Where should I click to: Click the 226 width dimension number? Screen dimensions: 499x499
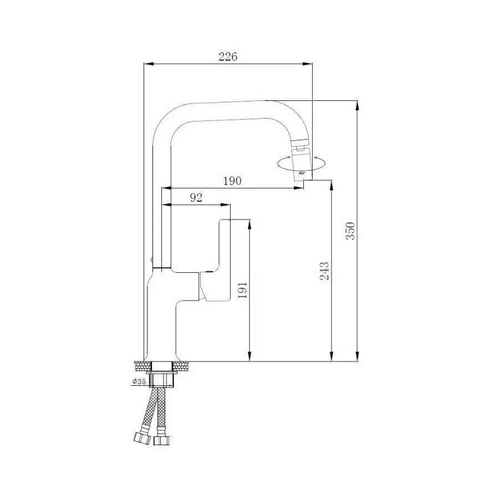(227, 57)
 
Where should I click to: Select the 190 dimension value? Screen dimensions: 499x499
(232, 181)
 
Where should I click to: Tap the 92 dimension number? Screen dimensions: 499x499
(196, 198)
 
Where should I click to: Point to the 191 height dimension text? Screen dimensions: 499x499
(242, 289)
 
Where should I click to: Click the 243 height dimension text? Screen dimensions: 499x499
(324, 271)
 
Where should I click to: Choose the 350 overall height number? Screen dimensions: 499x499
(350, 230)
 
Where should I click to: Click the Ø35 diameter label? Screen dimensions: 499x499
(139, 381)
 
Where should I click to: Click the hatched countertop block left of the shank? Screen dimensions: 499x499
(142, 365)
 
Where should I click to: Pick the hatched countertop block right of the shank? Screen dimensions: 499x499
(181, 365)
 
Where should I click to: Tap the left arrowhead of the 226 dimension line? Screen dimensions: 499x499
(147, 64)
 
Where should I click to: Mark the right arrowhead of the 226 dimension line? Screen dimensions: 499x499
(308, 64)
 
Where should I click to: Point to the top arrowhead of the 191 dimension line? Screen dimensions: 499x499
(249, 224)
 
